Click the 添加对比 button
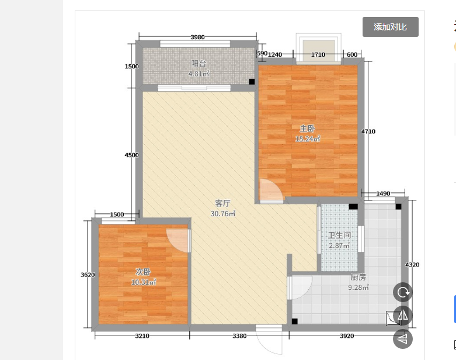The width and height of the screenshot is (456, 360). (390, 27)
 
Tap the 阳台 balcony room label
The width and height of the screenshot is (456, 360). (199, 64)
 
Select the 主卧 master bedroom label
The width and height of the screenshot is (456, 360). (307, 129)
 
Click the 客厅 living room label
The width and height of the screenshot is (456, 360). (223, 203)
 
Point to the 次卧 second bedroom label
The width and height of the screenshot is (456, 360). (144, 272)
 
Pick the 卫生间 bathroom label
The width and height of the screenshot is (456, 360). (339, 235)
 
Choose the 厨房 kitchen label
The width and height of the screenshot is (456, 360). (358, 277)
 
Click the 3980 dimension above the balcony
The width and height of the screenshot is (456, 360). (197, 37)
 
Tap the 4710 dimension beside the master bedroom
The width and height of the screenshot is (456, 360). (368, 131)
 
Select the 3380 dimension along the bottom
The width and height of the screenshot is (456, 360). (239, 336)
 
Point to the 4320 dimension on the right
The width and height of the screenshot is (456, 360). (412, 265)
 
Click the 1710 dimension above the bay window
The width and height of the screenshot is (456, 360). (318, 54)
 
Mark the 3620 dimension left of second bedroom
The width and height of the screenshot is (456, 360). (88, 275)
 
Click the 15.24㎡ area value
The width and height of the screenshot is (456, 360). (308, 139)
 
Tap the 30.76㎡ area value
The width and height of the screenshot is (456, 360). (223, 214)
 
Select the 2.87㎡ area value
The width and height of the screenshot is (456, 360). (339, 245)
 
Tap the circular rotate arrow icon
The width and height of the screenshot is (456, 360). (403, 292)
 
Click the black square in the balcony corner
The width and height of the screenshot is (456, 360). (252, 82)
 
